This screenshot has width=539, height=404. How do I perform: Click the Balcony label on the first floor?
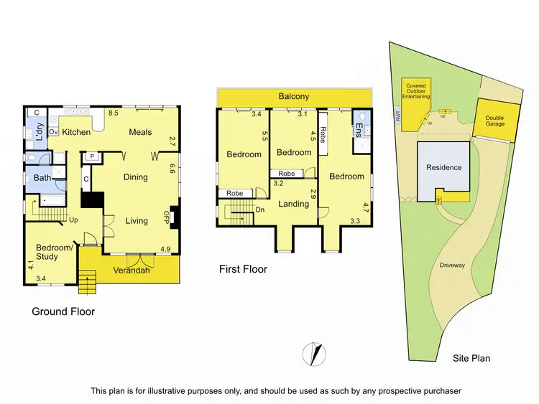[294, 96]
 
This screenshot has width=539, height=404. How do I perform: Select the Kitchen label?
[75, 132]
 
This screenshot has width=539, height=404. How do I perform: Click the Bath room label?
[41, 177]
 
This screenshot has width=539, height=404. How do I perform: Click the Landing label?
[294, 204]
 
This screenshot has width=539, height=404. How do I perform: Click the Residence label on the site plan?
[443, 168]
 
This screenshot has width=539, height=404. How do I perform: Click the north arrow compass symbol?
[314, 353]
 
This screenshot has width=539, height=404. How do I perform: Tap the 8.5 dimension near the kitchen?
[113, 113]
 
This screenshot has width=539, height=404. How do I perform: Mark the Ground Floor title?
[63, 311]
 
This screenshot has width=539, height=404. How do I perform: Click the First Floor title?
[243, 269]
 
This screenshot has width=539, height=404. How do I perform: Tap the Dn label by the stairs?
[259, 210]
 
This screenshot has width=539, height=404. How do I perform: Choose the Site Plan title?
[471, 357]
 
